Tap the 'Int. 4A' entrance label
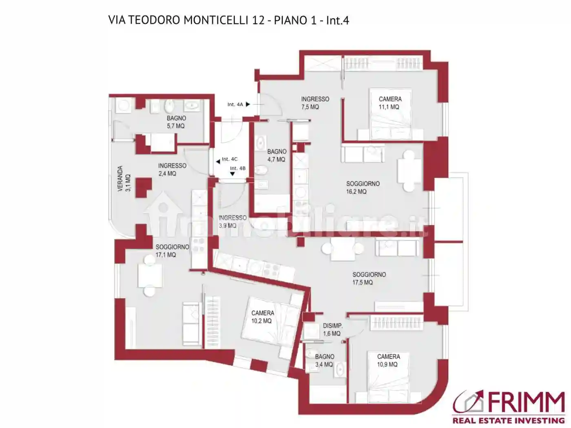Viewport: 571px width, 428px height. click(235, 105)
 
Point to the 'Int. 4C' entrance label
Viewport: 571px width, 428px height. click(229, 159)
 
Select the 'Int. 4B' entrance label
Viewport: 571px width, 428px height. click(238, 168)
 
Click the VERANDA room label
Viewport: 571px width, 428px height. click(124, 179)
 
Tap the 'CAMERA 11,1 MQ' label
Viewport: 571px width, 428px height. click(390, 103)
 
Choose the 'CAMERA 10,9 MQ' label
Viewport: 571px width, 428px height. click(388, 361)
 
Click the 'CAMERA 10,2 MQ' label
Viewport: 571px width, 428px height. click(262, 317)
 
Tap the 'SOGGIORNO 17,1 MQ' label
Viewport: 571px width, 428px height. click(172, 251)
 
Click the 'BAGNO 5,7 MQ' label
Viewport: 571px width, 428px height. click(176, 122)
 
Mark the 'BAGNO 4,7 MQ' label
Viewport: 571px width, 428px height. click(277, 156)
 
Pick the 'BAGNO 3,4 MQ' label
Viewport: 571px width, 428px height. click(324, 361)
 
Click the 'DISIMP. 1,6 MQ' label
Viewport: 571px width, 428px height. click(332, 330)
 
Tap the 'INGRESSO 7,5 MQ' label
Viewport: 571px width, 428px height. click(315, 103)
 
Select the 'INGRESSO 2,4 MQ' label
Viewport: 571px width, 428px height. click(172, 170)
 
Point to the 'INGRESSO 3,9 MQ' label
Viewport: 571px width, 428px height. click(232, 221)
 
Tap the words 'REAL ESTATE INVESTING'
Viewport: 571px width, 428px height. click(509, 420)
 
